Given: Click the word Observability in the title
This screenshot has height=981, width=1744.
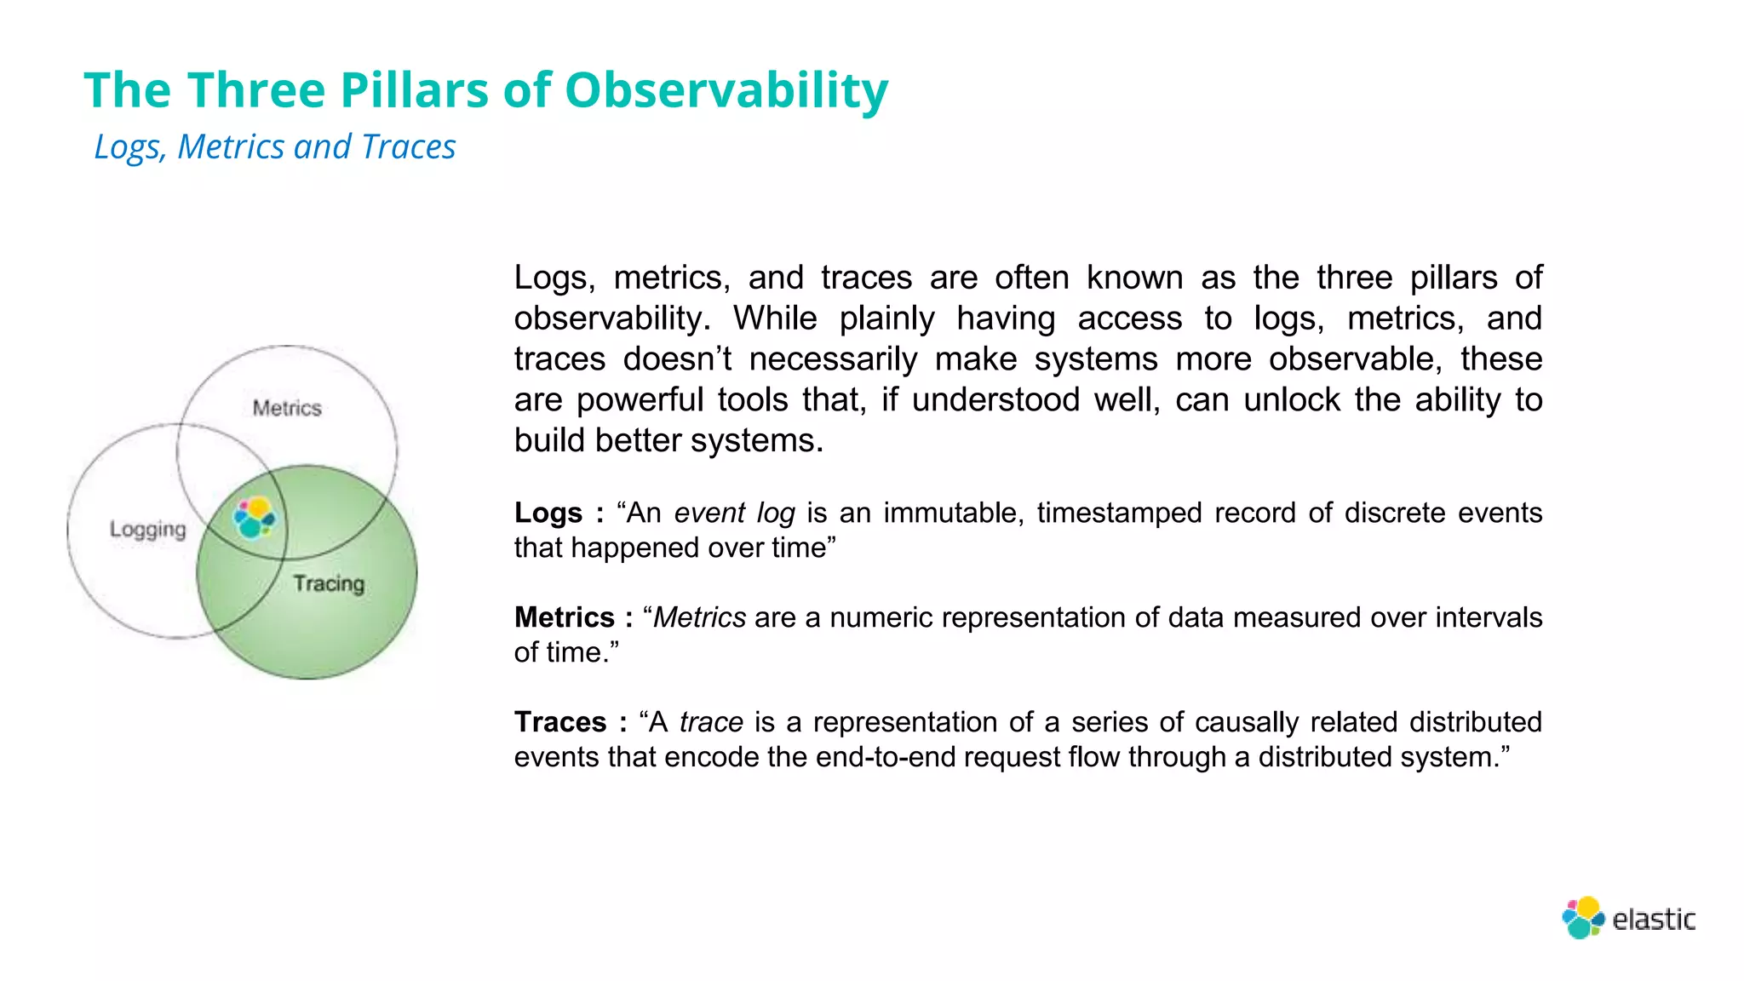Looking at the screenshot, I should [726, 90].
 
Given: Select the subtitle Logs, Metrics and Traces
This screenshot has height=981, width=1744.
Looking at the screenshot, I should [274, 146].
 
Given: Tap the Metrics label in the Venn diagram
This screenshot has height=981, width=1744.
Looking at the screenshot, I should [287, 408].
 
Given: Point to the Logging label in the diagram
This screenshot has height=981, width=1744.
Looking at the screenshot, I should [147, 529].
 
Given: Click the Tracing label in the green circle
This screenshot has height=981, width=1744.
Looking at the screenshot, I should [329, 583].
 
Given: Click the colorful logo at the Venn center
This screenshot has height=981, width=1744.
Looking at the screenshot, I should [255, 517].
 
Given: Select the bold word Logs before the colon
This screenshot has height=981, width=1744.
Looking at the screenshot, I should [548, 513].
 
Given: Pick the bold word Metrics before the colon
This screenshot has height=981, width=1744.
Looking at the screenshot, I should [564, 617].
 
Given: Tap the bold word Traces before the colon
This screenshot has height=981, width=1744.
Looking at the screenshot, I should [559, 722].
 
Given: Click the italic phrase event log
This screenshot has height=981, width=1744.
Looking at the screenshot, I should [734, 513].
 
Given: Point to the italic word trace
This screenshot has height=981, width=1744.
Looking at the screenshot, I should [711, 722].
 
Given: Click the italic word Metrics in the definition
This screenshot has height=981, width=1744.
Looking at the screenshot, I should [699, 617].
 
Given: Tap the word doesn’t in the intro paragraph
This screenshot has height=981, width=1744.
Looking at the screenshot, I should [677, 359].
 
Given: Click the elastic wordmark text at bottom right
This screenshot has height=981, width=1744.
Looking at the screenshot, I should [1654, 920].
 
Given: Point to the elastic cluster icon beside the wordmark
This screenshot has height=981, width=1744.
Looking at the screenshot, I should [1582, 918].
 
